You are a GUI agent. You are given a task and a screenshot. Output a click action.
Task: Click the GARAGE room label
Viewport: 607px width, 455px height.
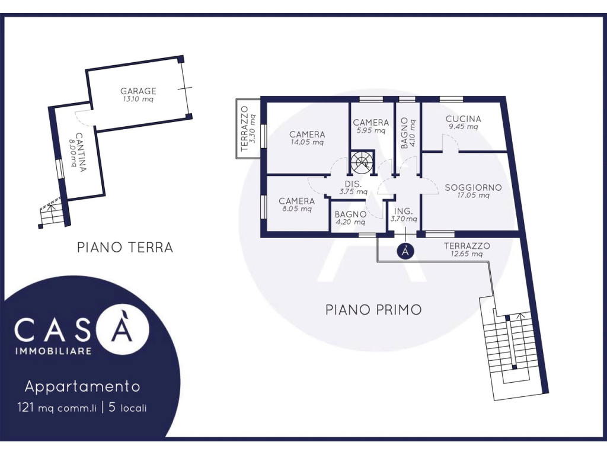point(138,91)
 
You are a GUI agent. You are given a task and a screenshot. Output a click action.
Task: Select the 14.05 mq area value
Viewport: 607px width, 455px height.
point(307,142)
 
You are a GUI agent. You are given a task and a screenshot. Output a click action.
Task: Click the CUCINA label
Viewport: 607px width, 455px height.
point(463,118)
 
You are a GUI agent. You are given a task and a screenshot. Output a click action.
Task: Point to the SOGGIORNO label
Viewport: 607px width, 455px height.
point(473,188)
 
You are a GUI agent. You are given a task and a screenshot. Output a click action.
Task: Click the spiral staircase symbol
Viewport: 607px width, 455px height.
point(362,162)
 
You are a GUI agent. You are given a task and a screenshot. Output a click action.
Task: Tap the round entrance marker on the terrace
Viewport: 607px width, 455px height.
point(405,251)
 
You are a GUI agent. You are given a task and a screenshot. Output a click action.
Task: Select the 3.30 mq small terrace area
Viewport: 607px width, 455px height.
point(253,129)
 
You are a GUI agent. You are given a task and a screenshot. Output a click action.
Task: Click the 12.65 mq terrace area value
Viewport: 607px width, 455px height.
point(467,254)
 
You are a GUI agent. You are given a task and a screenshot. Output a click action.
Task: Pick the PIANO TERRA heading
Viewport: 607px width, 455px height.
point(124,247)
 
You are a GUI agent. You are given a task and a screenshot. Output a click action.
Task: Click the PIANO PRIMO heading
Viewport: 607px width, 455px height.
point(373,310)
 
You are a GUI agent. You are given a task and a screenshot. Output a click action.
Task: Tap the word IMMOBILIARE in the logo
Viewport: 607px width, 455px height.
point(53,351)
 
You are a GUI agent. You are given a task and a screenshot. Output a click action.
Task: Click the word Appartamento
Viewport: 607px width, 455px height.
point(82,386)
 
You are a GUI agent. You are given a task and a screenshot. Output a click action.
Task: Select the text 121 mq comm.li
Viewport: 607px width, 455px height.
point(56,408)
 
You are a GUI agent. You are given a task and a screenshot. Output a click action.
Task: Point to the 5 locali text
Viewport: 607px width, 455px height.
point(128,408)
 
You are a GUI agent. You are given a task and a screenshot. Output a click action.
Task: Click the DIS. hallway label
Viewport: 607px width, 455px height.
point(353,184)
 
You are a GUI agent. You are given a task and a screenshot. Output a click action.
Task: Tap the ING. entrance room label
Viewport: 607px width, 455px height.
point(403,212)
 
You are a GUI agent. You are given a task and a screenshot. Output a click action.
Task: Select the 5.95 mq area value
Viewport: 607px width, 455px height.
point(371,130)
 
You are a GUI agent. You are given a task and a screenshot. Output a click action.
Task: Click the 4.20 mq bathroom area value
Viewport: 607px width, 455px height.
point(350,222)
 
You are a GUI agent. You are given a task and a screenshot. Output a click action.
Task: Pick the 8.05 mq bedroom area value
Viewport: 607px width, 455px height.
point(296,209)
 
